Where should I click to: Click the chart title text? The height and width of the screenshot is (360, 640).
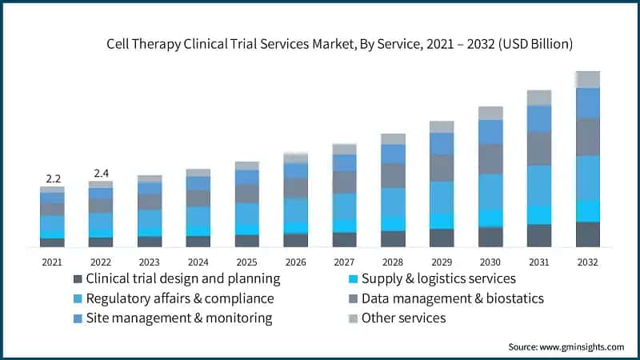click(x=339, y=45)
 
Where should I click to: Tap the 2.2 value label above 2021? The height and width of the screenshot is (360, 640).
click(x=52, y=177)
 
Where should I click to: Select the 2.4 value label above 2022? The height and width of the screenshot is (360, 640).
click(x=101, y=172)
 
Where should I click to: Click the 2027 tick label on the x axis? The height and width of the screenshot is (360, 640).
click(x=344, y=262)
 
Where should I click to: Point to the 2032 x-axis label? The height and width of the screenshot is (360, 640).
click(x=588, y=262)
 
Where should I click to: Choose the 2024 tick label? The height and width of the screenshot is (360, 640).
click(x=198, y=262)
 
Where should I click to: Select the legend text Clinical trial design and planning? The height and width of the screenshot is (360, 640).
click(x=182, y=279)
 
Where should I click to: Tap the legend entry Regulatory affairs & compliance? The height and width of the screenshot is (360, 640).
click(x=180, y=298)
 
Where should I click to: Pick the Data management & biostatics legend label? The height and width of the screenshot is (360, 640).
click(x=452, y=298)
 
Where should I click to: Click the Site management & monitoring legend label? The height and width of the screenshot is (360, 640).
click(x=178, y=318)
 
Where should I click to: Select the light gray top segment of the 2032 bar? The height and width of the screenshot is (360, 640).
click(x=588, y=79)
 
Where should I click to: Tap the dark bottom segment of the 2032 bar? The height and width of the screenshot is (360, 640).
click(x=588, y=234)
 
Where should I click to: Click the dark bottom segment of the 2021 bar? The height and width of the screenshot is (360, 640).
click(x=52, y=242)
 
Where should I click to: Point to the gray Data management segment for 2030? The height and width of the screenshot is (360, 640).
click(x=490, y=159)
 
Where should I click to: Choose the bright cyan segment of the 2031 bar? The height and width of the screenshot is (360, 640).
click(x=539, y=214)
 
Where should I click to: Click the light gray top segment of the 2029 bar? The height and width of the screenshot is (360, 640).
click(x=442, y=126)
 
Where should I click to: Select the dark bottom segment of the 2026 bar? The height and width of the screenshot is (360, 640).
click(x=295, y=240)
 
